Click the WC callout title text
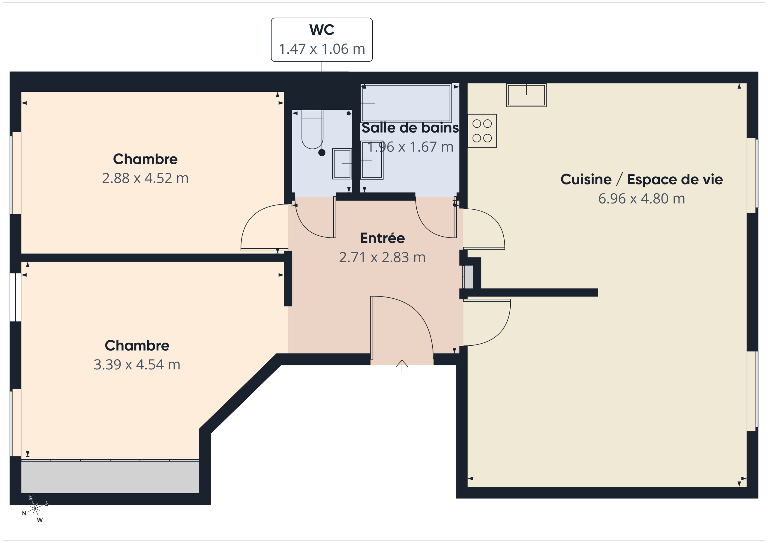321,30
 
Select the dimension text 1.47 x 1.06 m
321,49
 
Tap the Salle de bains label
410,128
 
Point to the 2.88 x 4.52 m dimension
145,178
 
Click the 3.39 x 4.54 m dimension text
137,365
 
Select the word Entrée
382,238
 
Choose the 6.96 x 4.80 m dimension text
641,198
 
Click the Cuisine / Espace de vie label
641,180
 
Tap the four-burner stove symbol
482,131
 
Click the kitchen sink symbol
526,95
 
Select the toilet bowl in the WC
312,130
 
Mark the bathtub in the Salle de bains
406,103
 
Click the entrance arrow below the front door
402,366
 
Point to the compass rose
35,509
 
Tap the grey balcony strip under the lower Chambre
110,477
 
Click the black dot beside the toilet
322,153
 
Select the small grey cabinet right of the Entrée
468,277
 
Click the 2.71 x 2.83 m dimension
382,258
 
